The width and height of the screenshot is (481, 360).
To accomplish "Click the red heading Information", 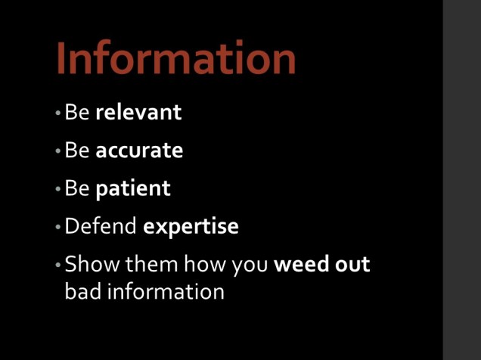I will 175,58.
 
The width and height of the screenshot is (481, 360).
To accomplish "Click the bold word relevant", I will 138,113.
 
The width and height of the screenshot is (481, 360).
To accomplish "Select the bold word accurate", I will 139,151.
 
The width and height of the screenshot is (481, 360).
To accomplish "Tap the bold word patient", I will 133,188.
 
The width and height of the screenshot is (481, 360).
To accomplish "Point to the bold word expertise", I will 191,226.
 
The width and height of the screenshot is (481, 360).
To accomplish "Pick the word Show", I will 87,265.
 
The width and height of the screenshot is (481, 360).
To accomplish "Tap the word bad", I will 81,291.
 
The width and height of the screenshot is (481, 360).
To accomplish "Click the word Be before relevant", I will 77,113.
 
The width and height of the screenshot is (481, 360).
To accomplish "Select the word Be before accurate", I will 77,151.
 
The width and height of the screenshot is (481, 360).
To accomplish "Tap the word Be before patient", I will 77,188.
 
